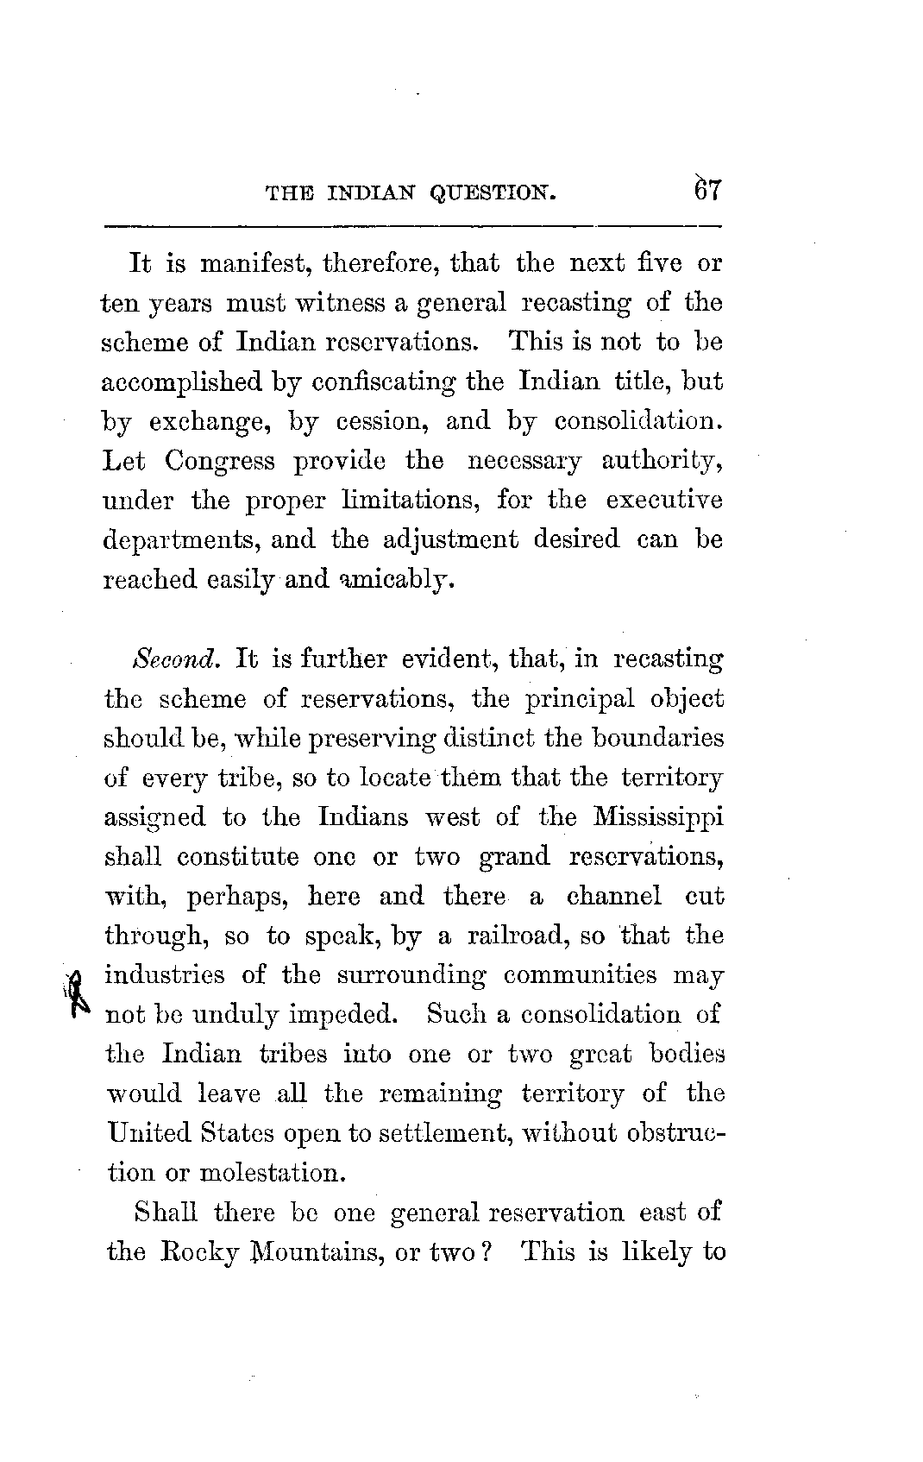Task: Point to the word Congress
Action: (220, 461)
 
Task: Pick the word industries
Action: (163, 975)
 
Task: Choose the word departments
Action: (180, 541)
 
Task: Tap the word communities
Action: (582, 975)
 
